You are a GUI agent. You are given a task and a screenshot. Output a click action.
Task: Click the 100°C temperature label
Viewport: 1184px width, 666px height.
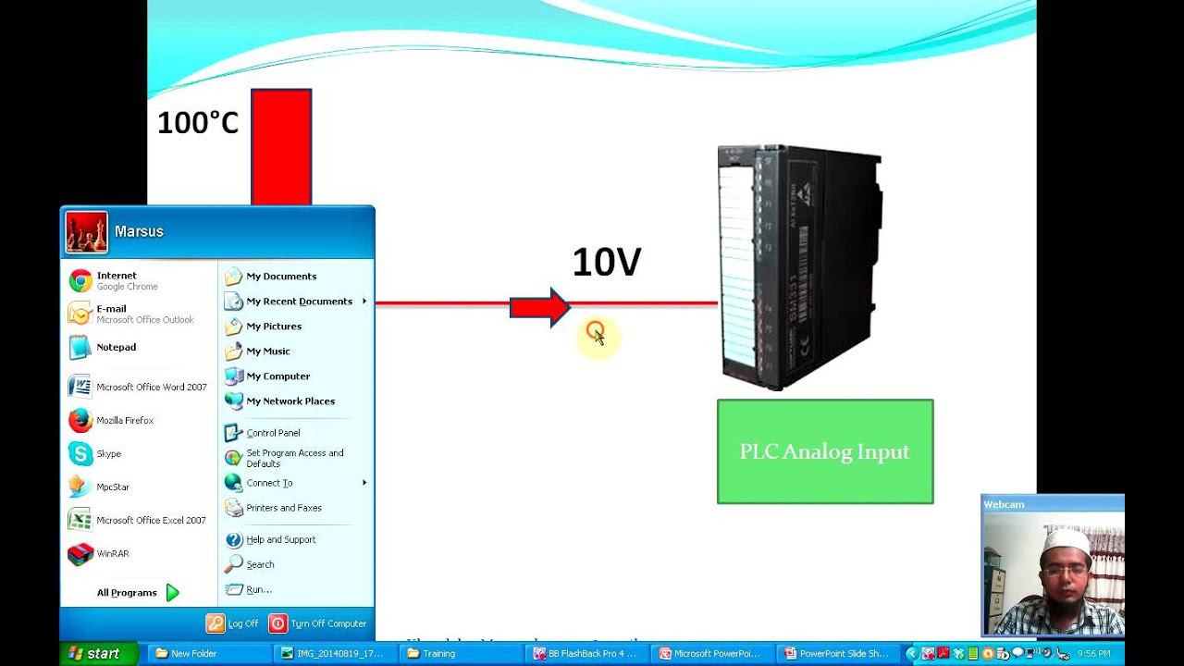point(198,123)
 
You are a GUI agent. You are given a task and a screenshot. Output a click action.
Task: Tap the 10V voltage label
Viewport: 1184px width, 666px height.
point(606,263)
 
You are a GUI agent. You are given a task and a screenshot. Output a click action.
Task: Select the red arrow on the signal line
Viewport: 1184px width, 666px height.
point(539,307)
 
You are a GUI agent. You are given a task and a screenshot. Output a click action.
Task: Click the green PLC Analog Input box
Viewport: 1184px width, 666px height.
point(824,451)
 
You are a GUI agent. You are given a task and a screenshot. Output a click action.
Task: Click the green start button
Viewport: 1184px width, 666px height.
point(94,653)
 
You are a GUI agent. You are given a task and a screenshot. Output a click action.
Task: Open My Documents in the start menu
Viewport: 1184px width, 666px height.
point(280,277)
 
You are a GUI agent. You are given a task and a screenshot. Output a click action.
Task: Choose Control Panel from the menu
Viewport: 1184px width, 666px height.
point(272,433)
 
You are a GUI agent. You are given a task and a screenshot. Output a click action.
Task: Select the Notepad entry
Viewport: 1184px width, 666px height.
point(116,348)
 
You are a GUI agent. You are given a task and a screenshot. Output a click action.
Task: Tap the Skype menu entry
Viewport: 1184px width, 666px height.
point(108,454)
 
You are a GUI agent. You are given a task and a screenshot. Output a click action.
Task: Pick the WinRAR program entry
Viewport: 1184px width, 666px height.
point(112,554)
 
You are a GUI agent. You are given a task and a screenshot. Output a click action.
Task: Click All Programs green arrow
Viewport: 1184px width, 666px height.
point(172,593)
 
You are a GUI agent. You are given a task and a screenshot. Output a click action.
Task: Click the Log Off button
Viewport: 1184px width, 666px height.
point(233,623)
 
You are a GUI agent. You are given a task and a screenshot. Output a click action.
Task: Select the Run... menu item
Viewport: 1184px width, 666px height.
point(258,590)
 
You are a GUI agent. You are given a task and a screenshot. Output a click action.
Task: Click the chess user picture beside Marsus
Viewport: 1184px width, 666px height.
point(86,232)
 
